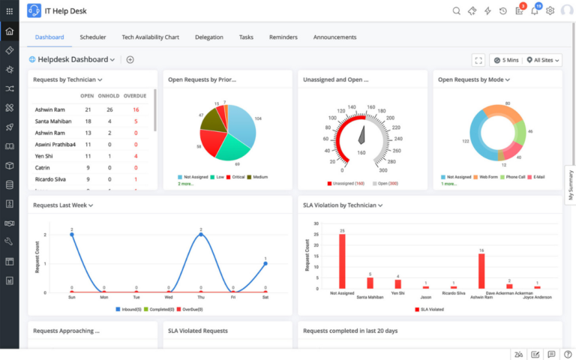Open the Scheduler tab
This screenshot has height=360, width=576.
coord(93,37)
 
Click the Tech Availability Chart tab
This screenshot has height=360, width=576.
coord(151,37)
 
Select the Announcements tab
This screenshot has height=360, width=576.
coord(334,37)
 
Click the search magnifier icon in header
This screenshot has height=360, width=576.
coord(457,10)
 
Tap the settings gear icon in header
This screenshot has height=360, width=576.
coord(550,10)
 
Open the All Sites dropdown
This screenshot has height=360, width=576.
coord(544,60)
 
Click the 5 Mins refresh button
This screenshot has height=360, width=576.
coord(505,60)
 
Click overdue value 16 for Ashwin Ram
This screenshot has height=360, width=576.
coord(136,109)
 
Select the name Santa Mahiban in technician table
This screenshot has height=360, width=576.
coord(52,121)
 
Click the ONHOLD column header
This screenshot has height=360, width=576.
coord(110,96)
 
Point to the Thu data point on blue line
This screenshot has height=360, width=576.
coord(200,235)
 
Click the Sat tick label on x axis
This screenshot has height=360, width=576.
coord(265,298)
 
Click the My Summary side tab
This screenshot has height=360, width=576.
coord(570,184)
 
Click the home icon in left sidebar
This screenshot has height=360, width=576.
coord(9,31)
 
